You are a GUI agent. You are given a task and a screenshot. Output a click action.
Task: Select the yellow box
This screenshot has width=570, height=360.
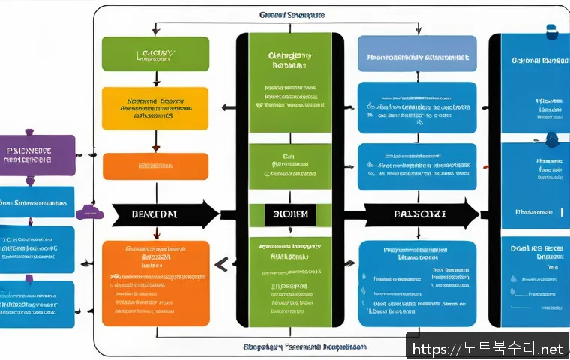(154, 108)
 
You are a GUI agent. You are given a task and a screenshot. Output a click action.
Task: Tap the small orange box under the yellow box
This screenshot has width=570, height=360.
(154, 166)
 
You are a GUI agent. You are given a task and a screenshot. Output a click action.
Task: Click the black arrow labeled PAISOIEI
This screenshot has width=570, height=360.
(420, 214)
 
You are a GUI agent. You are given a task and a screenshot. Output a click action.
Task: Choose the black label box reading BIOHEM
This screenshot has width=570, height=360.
(289, 214)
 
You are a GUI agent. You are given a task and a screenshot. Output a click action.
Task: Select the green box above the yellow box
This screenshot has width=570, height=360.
(154, 54)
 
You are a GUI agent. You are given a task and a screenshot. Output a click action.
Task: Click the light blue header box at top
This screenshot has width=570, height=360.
(417, 55)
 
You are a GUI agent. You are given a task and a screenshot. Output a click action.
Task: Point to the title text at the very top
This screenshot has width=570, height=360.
(291, 14)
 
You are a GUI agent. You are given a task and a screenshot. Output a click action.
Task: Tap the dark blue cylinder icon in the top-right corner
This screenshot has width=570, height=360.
(551, 31)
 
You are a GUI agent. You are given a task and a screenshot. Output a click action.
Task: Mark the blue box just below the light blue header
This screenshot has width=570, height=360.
(417, 108)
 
